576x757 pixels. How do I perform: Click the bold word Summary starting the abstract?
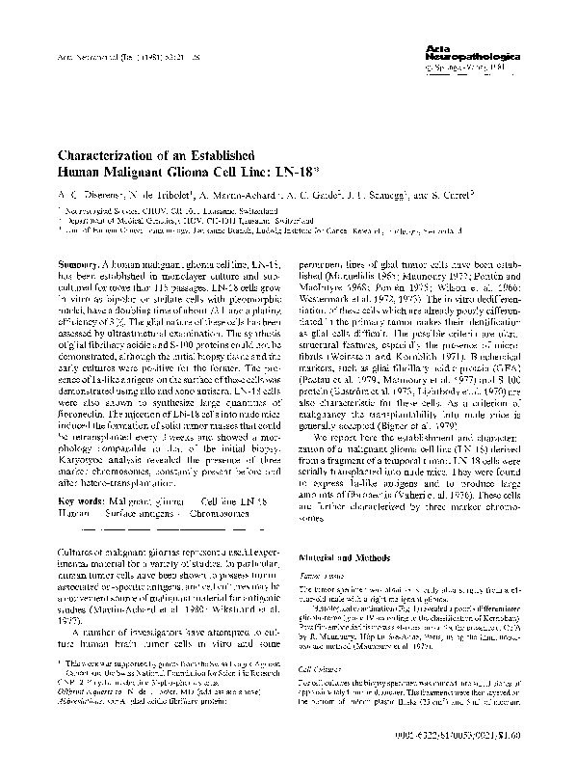pyautogui.click(x=80, y=263)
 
